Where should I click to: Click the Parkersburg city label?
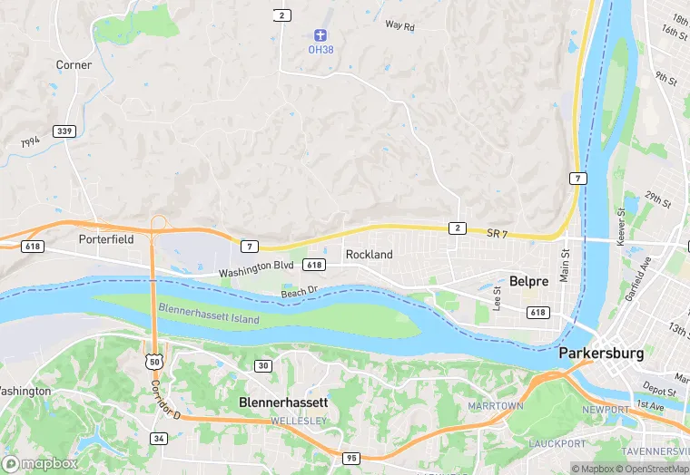601,353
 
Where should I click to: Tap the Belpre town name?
528,281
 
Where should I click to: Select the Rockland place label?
369,255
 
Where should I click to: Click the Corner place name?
74,65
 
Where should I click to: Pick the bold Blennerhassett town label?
283,401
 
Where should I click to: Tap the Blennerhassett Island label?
208,314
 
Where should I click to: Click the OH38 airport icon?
320,35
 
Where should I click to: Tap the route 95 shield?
350,459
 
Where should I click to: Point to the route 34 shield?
159,439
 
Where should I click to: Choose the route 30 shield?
262,365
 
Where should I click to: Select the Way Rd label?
399,27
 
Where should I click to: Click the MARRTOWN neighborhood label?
495,405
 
